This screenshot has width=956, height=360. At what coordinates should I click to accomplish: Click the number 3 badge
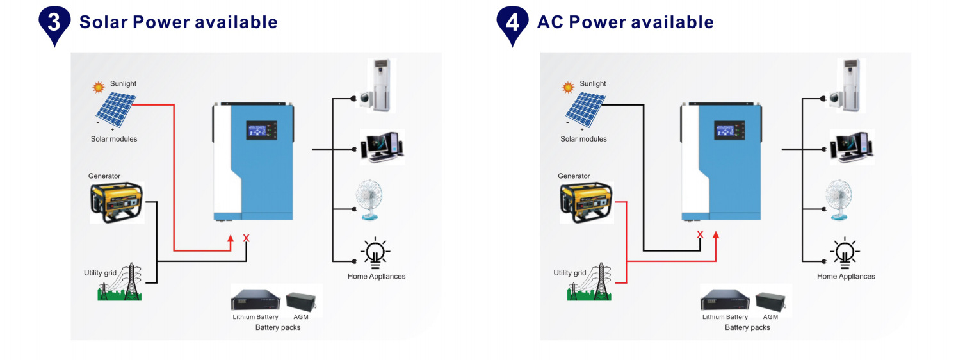(x=55, y=22)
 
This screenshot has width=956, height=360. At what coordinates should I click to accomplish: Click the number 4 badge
(x=512, y=22)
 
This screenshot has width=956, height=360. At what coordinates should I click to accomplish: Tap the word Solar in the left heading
(x=102, y=22)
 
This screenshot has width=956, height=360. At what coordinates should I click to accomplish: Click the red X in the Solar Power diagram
(x=247, y=238)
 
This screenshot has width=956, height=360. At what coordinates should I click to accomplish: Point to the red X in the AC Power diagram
(x=700, y=234)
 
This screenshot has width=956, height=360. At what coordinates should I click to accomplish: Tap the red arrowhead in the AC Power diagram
(x=716, y=235)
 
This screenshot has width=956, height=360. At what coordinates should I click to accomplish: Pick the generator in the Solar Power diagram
(x=117, y=202)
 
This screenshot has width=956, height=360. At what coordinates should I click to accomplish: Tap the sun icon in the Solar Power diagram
(x=99, y=86)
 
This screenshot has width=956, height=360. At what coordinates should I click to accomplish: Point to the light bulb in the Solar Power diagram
(x=375, y=252)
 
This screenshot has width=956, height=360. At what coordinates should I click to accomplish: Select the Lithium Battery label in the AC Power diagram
(x=725, y=317)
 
